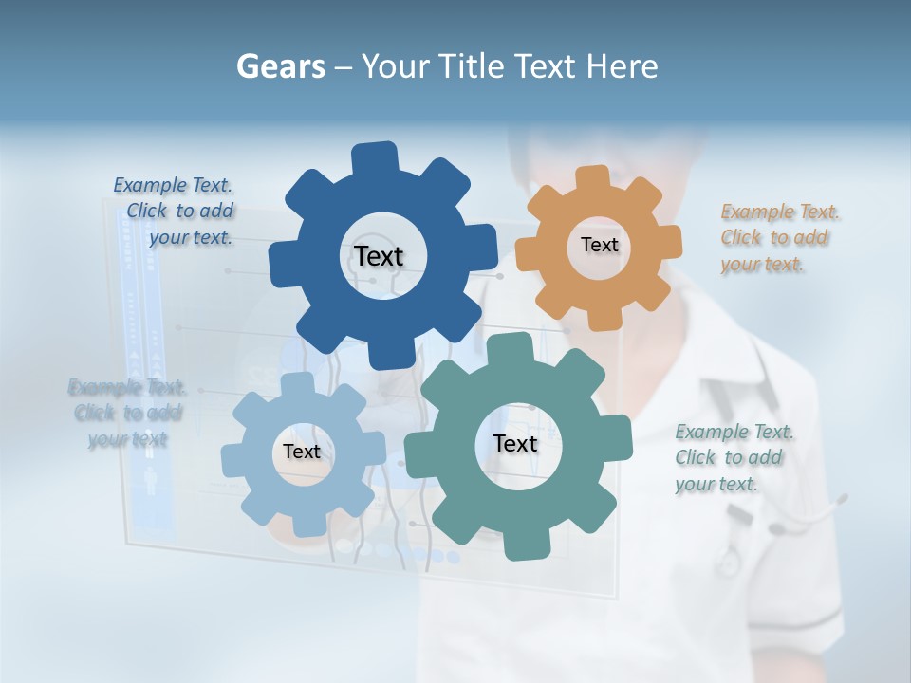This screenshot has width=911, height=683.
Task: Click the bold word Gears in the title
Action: pyautogui.click(x=280, y=67)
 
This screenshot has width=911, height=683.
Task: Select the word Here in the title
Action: pyautogui.click(x=621, y=67)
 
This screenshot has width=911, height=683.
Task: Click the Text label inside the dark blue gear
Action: pyautogui.click(x=379, y=256)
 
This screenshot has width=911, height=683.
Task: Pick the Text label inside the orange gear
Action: pyautogui.click(x=599, y=245)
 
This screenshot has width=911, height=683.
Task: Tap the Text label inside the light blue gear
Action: pyautogui.click(x=302, y=452)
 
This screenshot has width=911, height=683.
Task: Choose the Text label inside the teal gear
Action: pyautogui.click(x=515, y=443)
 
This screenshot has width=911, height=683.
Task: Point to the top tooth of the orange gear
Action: pyautogui.click(x=593, y=178)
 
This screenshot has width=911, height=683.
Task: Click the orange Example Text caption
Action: pyautogui.click(x=780, y=238)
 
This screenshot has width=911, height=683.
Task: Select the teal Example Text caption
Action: pyautogui.click(x=734, y=458)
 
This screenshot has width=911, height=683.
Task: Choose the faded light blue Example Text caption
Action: pyautogui.click(x=127, y=413)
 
